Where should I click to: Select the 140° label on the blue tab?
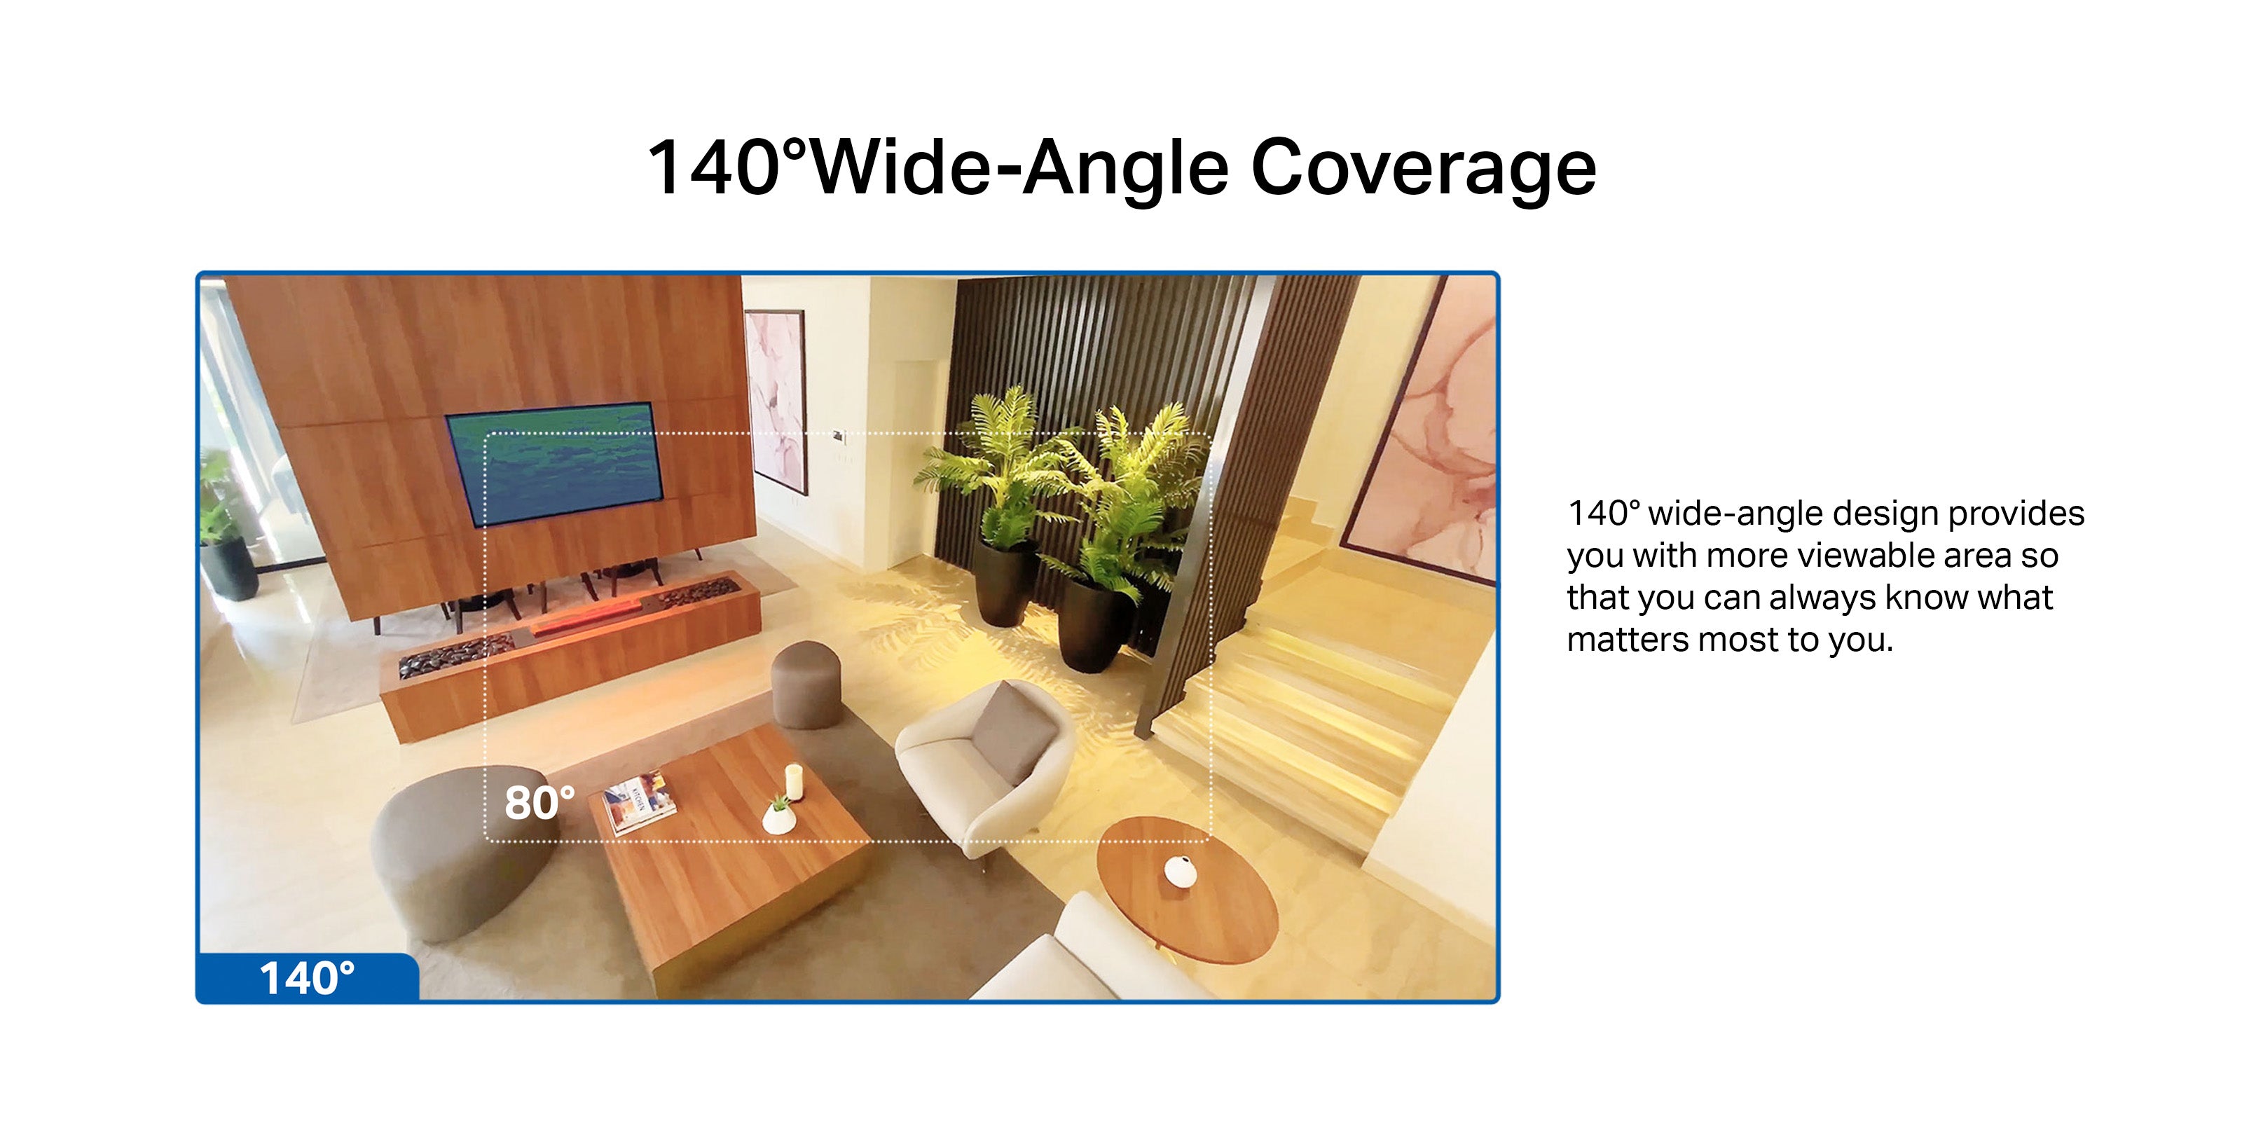pyautogui.click(x=308, y=978)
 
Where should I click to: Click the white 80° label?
pyautogui.click(x=539, y=802)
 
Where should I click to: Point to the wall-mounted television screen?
pyautogui.click(x=554, y=464)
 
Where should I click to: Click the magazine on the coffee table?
pyautogui.click(x=640, y=802)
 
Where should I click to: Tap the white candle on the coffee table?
pyautogui.click(x=794, y=780)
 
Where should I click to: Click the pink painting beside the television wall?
pyautogui.click(x=776, y=400)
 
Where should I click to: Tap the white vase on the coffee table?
pyautogui.click(x=777, y=816)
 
